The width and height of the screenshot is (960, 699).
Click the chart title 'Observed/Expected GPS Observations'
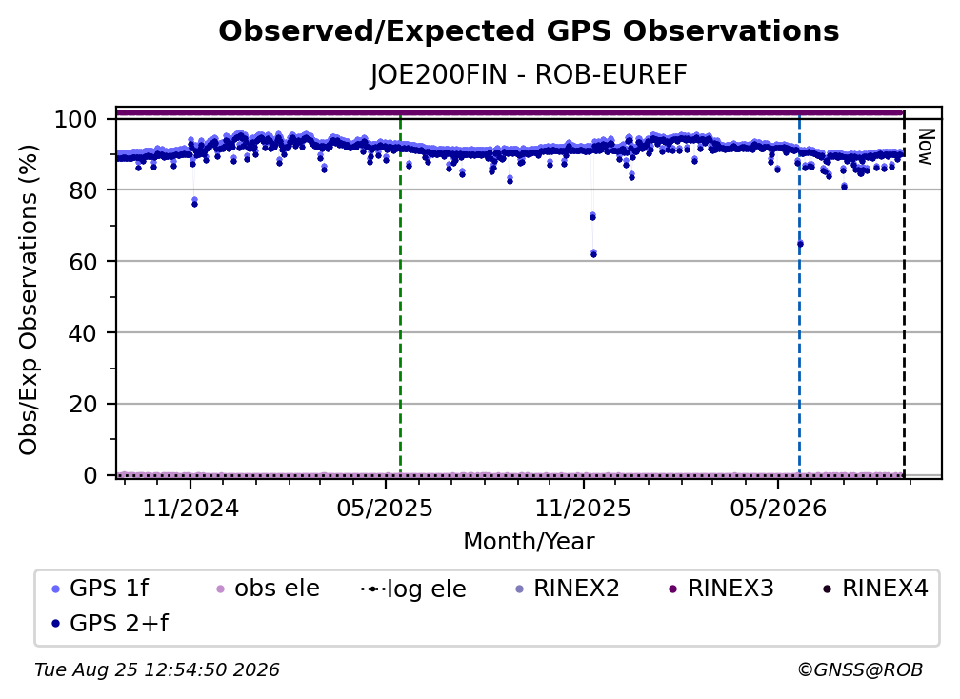pyautogui.click(x=529, y=31)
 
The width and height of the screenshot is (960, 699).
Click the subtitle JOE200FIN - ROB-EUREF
pyautogui.click(x=529, y=75)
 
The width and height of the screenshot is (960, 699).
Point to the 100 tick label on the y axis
pyautogui.click(x=76, y=119)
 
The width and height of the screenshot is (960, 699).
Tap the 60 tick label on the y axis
pyautogui.click(x=83, y=262)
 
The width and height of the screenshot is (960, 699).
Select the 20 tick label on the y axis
pyautogui.click(x=83, y=405)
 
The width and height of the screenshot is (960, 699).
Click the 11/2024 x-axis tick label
pyautogui.click(x=190, y=509)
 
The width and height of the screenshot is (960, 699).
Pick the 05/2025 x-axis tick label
pyautogui.click(x=385, y=509)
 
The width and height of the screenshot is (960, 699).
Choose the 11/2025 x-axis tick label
pyautogui.click(x=583, y=509)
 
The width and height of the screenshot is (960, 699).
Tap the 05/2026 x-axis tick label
pyautogui.click(x=777, y=509)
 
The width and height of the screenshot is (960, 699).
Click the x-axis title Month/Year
pyautogui.click(x=529, y=542)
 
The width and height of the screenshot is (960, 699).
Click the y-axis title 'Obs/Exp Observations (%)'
pyautogui.click(x=29, y=299)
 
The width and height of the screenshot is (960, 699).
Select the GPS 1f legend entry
pyautogui.click(x=100, y=589)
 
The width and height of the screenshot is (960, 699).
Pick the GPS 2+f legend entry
pyautogui.click(x=110, y=623)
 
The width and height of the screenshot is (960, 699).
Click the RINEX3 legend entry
pyautogui.click(x=721, y=589)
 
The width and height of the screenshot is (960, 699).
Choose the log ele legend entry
pyautogui.click(x=414, y=589)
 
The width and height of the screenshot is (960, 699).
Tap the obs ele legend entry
pyautogui.click(x=265, y=589)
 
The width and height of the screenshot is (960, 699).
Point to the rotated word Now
pyautogui.click(x=927, y=147)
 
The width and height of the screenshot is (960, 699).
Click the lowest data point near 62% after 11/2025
pyautogui.click(x=594, y=254)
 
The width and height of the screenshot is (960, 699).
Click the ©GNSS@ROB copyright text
pyautogui.click(x=860, y=670)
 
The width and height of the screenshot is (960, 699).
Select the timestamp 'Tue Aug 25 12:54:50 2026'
pyautogui.click(x=157, y=670)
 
